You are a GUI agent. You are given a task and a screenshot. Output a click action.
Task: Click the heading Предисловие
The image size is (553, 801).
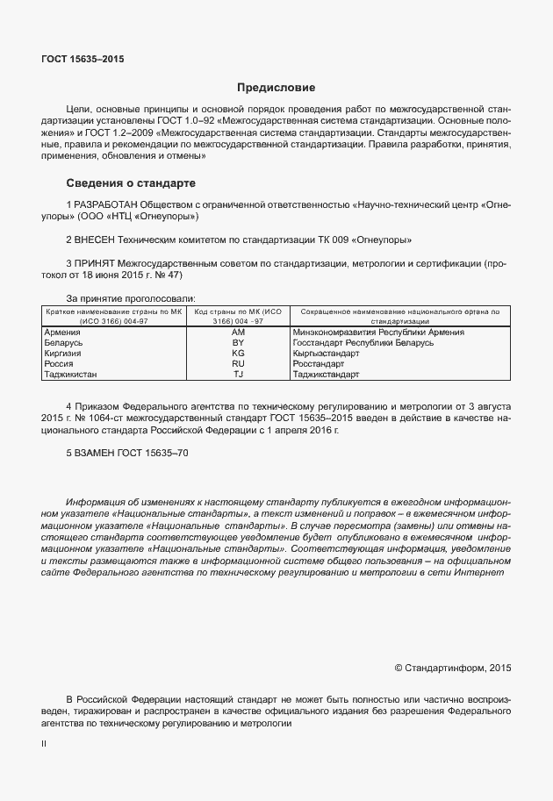point(276,88)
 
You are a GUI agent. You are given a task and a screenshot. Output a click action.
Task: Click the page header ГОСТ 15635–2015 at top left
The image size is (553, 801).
point(83,59)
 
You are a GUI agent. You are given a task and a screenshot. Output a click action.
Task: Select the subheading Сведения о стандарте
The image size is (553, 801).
point(131,183)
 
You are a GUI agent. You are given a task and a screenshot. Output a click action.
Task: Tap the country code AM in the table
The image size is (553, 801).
point(238,333)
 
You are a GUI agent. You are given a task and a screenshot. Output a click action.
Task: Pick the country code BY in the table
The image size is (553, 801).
point(238,343)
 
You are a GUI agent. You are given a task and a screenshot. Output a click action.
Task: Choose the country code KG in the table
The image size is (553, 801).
point(238,354)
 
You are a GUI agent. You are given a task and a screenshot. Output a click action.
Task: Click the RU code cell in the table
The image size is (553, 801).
point(238,363)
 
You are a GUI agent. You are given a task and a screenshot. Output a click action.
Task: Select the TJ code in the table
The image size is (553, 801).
point(238,374)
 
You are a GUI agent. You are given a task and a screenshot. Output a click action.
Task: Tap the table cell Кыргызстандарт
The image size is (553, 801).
point(327,354)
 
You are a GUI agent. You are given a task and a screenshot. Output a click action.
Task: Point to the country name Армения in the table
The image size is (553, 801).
point(61,333)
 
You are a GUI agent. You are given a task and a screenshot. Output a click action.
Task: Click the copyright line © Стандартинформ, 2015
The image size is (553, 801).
point(452,668)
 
